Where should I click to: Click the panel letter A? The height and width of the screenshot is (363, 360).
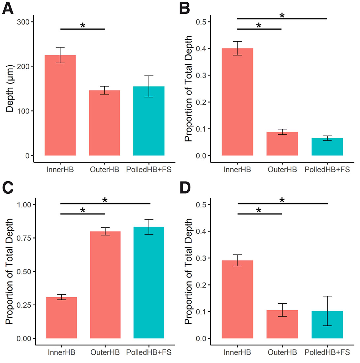pyautogui.click(x=8, y=8)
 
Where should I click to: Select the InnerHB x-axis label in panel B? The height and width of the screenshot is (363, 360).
pyautogui.click(x=238, y=170)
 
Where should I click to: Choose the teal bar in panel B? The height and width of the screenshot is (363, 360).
pyautogui.click(x=327, y=147)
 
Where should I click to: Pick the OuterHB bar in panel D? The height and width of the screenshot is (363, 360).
pyautogui.click(x=282, y=324)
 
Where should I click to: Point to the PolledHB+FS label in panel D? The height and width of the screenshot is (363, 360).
pyautogui.click(x=326, y=352)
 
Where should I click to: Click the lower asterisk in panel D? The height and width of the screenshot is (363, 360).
pyautogui.click(x=259, y=210)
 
